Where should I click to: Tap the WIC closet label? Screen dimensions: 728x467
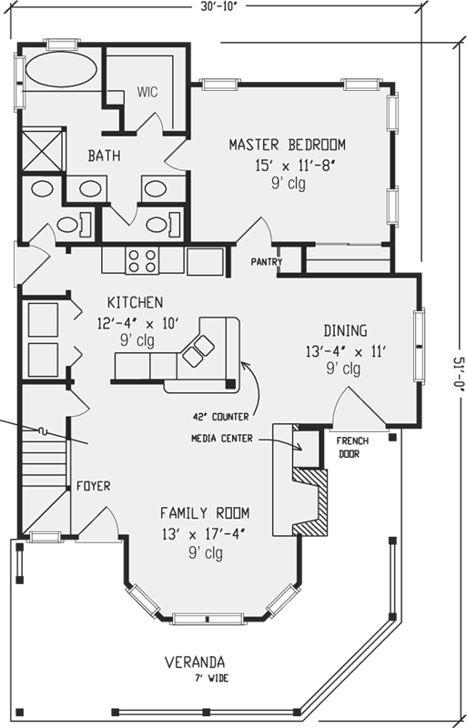point(147,92)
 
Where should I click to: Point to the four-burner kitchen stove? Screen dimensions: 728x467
point(142,261)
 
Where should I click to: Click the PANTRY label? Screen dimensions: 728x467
point(267,263)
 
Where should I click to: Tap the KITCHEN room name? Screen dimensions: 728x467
point(135,302)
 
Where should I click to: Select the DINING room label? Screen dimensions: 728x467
point(345,330)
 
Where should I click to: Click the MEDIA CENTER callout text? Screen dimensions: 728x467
point(228,438)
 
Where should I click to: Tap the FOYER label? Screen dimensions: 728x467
point(93,486)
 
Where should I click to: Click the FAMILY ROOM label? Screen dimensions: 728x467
point(205,512)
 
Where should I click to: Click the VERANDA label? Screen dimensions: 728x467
point(195,662)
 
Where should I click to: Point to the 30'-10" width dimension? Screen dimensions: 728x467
point(219,7)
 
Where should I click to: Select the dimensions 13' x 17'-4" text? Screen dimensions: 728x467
point(205,532)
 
